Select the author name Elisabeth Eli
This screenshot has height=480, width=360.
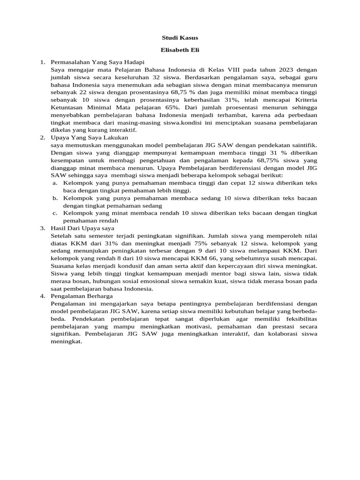(180, 49)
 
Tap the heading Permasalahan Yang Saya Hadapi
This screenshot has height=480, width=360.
(97, 62)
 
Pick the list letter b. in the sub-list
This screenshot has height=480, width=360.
(55, 198)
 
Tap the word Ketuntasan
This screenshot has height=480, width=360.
(69, 107)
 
